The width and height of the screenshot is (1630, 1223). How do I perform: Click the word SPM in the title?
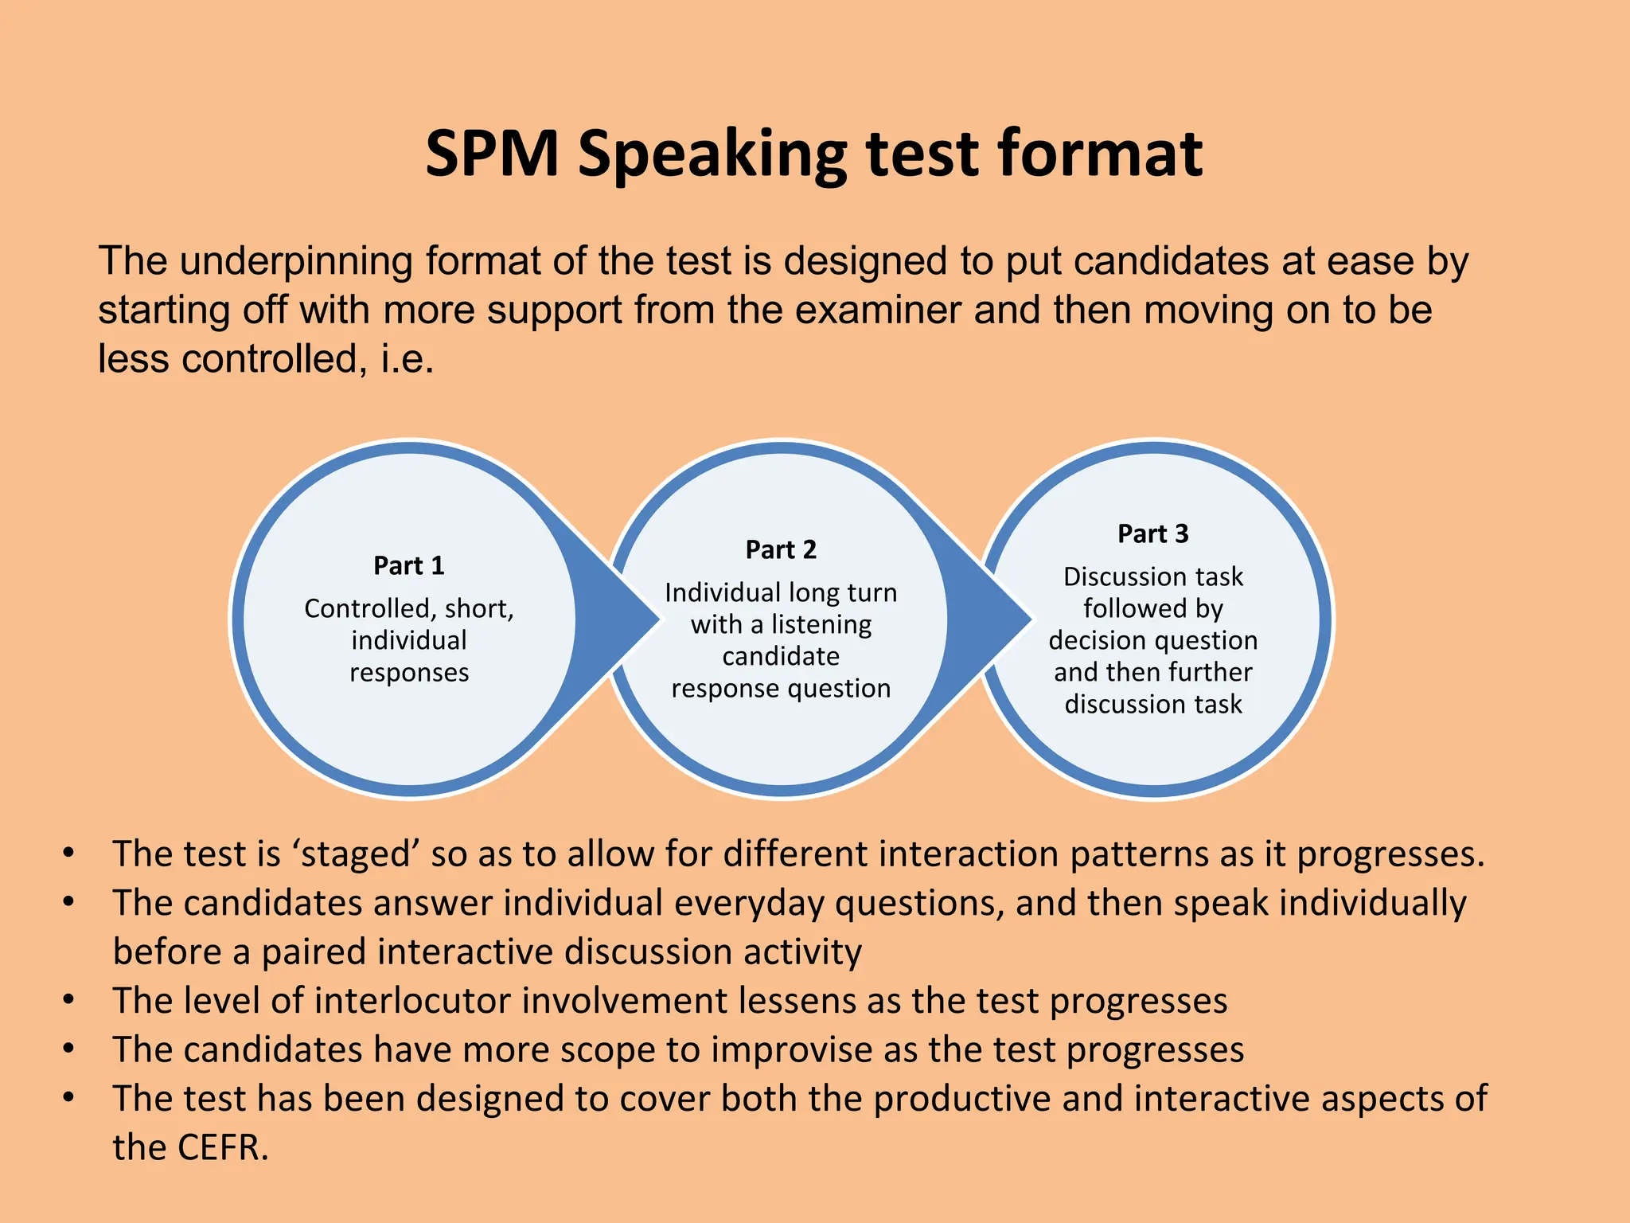pos(492,153)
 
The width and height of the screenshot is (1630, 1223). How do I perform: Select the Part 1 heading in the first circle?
pos(409,565)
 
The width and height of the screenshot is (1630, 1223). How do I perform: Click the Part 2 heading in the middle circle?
pos(781,549)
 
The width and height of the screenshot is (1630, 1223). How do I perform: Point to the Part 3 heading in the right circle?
pos(1152,533)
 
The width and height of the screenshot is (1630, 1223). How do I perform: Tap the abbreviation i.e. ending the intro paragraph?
pos(407,359)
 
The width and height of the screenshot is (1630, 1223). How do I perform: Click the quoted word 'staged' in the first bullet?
pos(356,854)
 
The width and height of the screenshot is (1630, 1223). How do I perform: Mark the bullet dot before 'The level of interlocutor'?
pos(69,999)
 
